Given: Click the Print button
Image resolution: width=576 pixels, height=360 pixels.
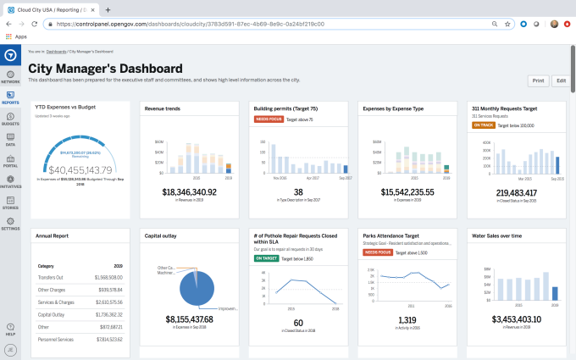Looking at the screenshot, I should coord(538,80).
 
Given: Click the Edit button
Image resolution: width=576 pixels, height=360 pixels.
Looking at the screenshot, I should coord(560,80).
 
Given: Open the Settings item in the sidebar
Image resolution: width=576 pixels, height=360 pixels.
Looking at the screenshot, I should coord(10,223).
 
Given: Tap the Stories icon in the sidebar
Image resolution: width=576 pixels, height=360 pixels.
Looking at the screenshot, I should coord(10,201).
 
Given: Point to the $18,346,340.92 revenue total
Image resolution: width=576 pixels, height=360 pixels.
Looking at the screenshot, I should coord(190,192).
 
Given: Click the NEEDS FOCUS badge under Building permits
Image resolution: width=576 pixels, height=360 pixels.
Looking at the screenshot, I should coord(268,119).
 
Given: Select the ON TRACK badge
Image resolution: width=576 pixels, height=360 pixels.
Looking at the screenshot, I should coord(483,125).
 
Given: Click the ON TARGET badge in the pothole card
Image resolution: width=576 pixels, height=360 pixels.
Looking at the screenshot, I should coord(268,258).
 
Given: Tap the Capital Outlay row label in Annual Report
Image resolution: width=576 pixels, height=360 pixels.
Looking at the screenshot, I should coord(53,313).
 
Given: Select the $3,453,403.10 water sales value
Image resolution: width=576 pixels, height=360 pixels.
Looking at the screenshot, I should coord(516,319).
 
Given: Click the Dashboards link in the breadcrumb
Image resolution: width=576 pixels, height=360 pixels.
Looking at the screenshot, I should coord(56,53).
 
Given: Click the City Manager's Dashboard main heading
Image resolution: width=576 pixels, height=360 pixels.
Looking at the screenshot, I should coord(105,68).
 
